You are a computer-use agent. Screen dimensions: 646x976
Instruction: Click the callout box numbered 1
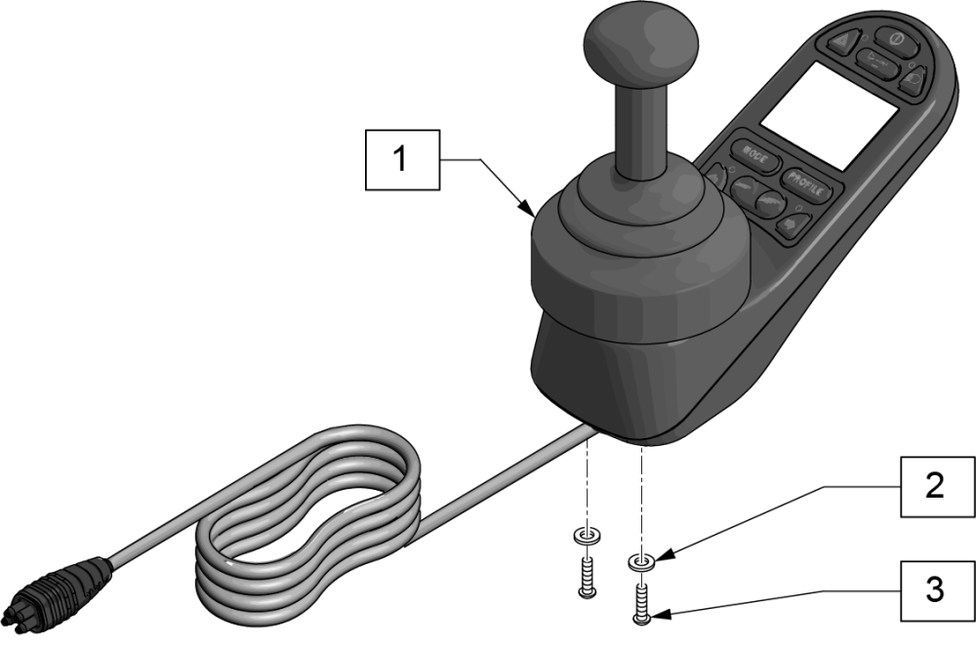pos(400,158)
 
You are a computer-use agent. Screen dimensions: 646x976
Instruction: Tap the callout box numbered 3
pos(934,589)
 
